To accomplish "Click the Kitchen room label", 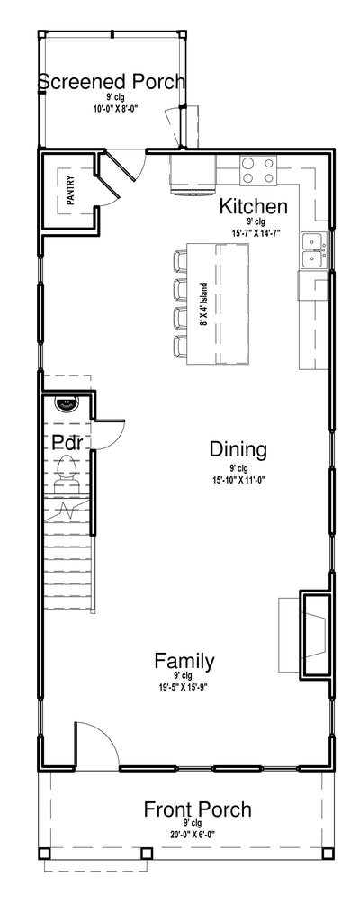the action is pyautogui.click(x=254, y=206).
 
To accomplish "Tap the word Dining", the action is pyautogui.click(x=238, y=450).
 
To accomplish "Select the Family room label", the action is pyautogui.click(x=184, y=661).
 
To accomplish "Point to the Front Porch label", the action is pyautogui.click(x=198, y=809).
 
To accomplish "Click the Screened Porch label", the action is pyautogui.click(x=112, y=82).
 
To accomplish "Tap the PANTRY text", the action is pyautogui.click(x=70, y=190).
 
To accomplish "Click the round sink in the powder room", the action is pyautogui.click(x=67, y=404).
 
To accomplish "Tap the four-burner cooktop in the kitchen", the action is pyautogui.click(x=257, y=170).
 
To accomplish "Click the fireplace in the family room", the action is pyautogui.click(x=315, y=634).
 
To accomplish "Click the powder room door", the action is pyautogui.click(x=110, y=434).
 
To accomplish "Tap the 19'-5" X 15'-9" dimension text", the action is pyautogui.click(x=184, y=686).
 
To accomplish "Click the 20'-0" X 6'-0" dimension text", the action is pyautogui.click(x=197, y=833).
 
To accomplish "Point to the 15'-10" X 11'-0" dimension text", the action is pyautogui.click(x=238, y=479).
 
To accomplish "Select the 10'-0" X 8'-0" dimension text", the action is pyautogui.click(x=115, y=109).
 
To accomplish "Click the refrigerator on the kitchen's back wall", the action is pyautogui.click(x=193, y=174).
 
